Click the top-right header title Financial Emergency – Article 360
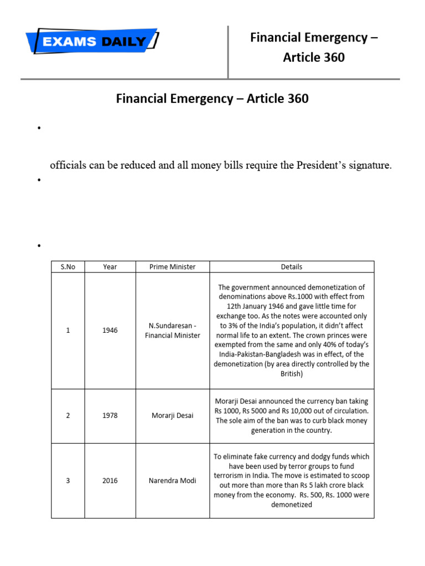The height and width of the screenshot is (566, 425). pos(314,47)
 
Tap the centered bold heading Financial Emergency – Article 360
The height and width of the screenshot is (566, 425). pos(212,99)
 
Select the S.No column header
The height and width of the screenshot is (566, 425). pos(68,266)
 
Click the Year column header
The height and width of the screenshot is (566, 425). pos(110,266)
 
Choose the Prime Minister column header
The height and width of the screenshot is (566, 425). pos(173,266)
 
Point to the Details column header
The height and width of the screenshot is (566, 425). pos(292,266)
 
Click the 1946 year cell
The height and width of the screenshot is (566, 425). pos(110,331)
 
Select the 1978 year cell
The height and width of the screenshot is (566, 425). pos(110,416)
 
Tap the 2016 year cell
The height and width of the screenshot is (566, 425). pos(110,480)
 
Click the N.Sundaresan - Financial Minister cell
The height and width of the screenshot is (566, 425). pos(173,331)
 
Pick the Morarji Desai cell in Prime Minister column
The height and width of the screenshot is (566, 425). pos(173,416)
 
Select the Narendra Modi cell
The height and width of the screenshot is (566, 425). pos(173,480)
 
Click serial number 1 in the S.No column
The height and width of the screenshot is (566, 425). pos(68,331)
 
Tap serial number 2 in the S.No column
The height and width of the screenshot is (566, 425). pos(68,416)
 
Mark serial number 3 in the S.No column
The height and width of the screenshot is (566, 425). pos(68,480)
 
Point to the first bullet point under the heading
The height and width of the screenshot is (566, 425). pos(39,129)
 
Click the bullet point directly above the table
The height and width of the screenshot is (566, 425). pos(39,245)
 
